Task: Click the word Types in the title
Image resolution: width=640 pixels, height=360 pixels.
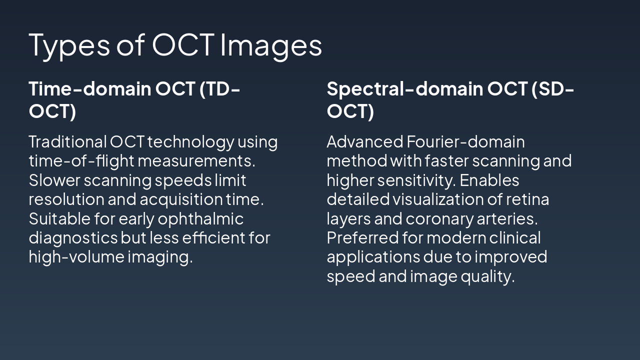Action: [x=69, y=45]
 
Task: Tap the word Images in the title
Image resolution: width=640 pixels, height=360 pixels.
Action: [x=271, y=45]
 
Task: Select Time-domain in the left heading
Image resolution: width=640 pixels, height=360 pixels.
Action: [x=90, y=89]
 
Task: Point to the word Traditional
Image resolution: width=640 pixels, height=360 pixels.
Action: [x=67, y=142]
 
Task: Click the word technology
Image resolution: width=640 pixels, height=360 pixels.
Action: [x=190, y=142]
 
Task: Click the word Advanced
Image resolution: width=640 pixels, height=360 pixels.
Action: [x=364, y=142]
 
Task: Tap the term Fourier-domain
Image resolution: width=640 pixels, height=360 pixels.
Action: [x=466, y=142]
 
